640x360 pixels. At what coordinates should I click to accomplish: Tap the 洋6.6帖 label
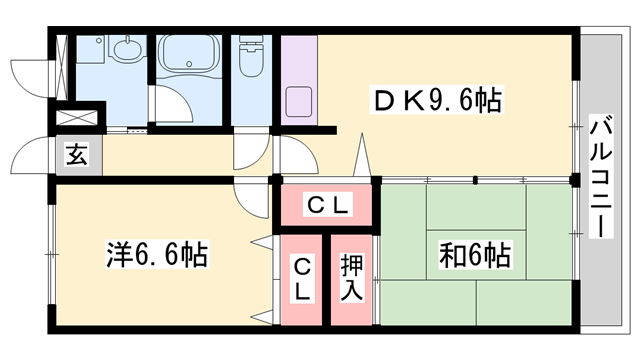(x=157, y=255)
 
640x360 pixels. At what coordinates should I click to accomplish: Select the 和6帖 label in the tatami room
(x=474, y=255)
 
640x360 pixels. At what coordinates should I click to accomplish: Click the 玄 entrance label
(x=76, y=155)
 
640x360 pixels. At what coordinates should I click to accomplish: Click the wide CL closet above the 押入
(x=326, y=206)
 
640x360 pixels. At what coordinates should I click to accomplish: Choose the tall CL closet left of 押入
(x=302, y=279)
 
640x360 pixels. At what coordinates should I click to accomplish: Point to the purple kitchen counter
(x=298, y=80)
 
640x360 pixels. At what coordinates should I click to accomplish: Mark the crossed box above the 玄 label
(x=76, y=118)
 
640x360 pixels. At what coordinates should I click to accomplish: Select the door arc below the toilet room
(x=247, y=152)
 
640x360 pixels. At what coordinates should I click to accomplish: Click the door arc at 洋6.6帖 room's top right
(x=250, y=194)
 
